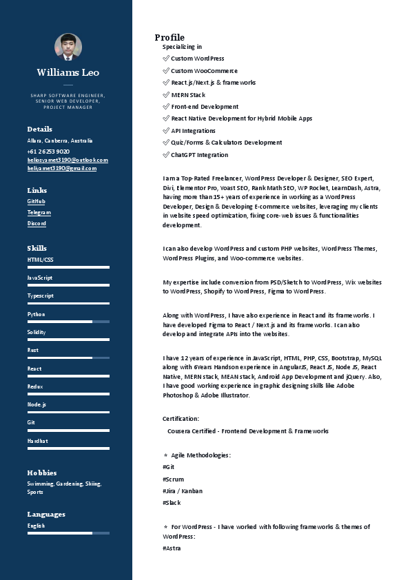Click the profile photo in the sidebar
[x=68, y=47]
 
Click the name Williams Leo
[x=68, y=72]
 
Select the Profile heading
[x=170, y=37]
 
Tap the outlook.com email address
[x=68, y=160]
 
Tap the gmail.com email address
[x=61, y=168]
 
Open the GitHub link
[x=36, y=201]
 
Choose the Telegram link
[x=39, y=212]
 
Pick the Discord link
[x=37, y=223]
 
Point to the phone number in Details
[x=48, y=151]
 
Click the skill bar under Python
[x=68, y=322]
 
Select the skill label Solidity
[x=37, y=332]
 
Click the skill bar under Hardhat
[x=68, y=448]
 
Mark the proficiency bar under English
[x=68, y=533]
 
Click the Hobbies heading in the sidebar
[x=42, y=473]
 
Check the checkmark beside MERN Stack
[x=166, y=94]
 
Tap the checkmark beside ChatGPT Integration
[x=166, y=155]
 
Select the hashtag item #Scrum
[x=173, y=479]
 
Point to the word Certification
[x=181, y=419]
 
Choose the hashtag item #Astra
[x=172, y=548]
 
